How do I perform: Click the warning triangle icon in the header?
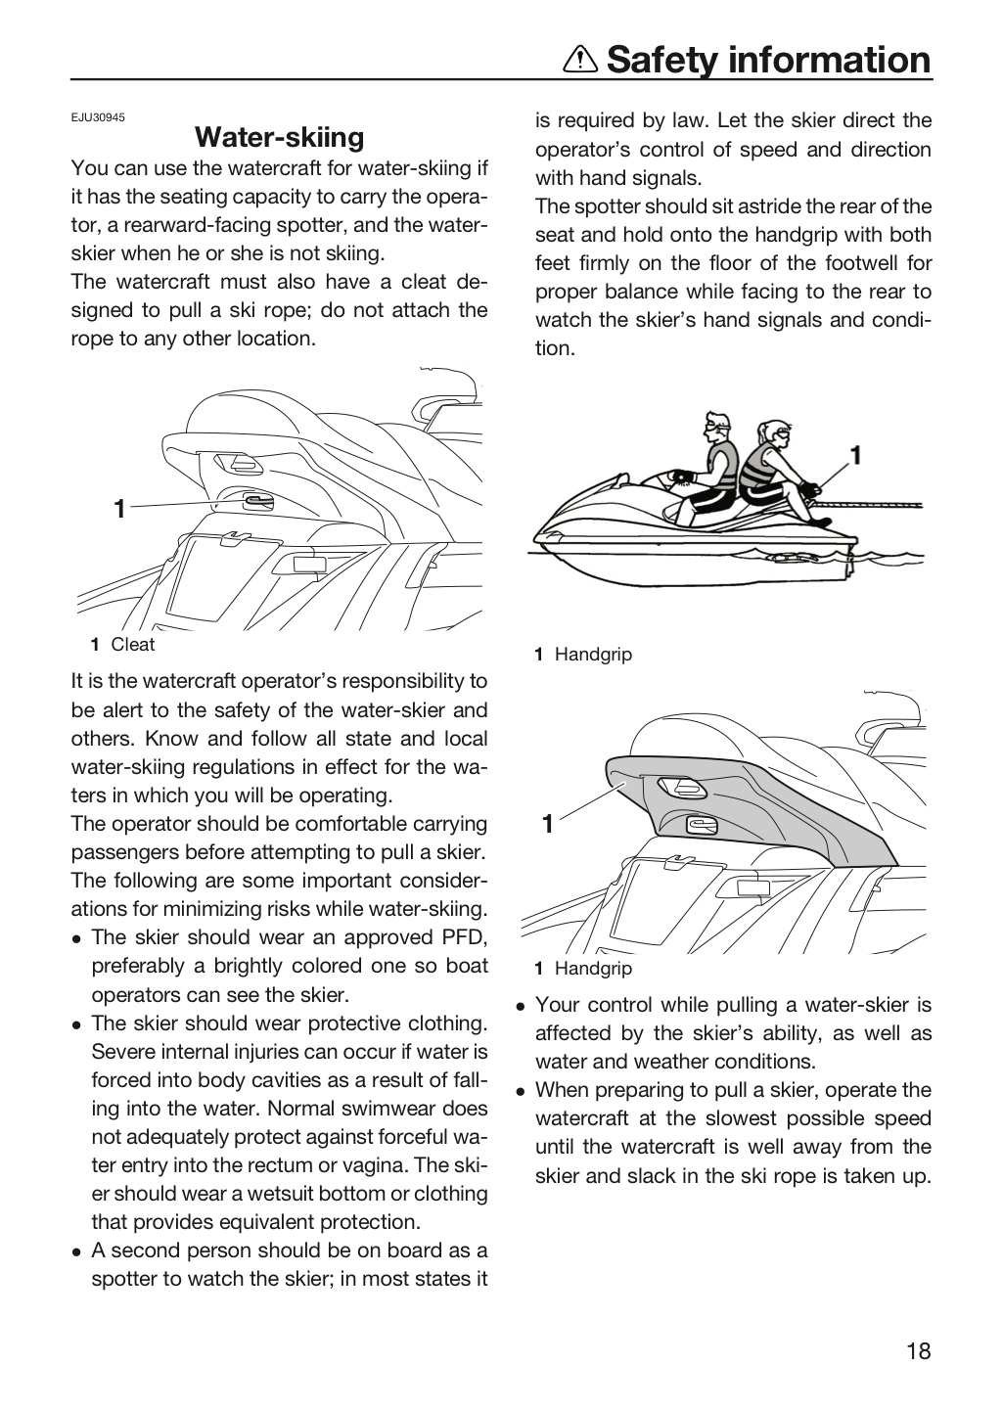pos(580,61)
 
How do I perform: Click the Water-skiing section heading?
pos(280,137)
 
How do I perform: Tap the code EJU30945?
pos(98,117)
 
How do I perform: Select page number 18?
pos(919,1350)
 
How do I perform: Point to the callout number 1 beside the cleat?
pos(119,508)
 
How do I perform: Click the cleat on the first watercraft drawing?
pos(257,501)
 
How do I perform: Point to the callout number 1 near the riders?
pos(856,455)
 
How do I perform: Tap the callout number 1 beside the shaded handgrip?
pos(547,824)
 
